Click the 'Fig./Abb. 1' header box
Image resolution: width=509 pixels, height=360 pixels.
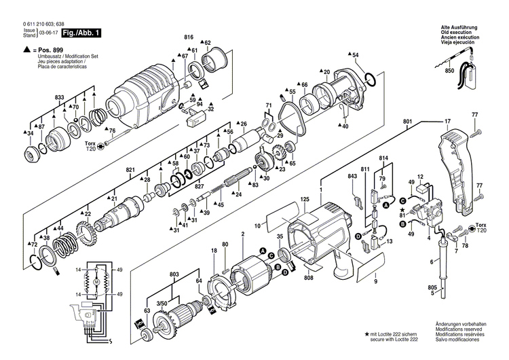tap(81, 33)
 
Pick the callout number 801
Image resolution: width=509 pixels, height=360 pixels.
tap(407, 122)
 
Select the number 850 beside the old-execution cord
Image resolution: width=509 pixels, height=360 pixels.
tap(449, 71)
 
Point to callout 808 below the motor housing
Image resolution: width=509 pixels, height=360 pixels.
tap(309, 278)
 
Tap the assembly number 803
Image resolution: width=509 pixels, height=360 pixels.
tap(174, 273)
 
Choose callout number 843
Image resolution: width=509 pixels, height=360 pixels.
tap(352, 177)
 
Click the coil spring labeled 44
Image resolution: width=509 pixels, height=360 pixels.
tap(67, 244)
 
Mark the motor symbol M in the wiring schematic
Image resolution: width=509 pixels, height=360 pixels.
tap(96, 281)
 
